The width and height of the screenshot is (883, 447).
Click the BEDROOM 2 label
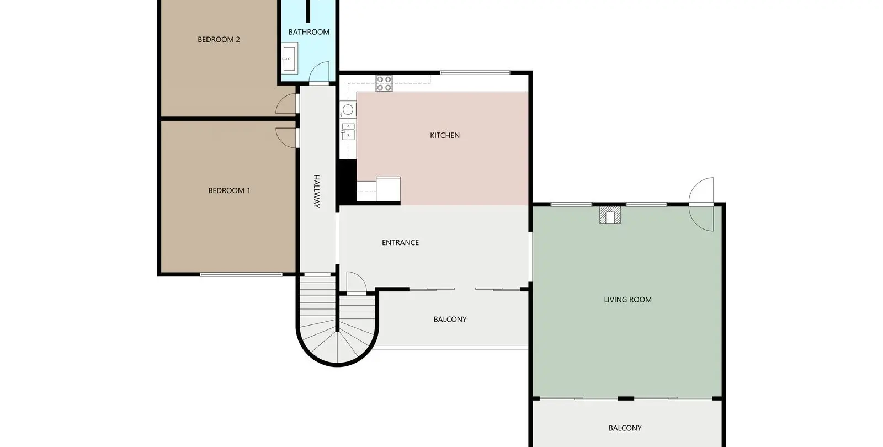point(219,39)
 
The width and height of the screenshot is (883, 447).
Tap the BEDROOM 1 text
point(229,191)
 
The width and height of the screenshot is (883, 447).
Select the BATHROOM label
point(309,32)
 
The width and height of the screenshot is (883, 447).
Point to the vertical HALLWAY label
point(317,191)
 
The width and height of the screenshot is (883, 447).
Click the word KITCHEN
point(445,136)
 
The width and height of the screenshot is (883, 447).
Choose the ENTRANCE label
point(400,243)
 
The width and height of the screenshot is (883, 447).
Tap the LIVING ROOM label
point(627,300)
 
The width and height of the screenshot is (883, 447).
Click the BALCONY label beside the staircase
point(450,320)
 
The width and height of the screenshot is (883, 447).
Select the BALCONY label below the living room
point(625,428)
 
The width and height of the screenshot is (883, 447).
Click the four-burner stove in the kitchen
point(384,83)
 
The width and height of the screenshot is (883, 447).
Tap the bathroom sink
point(289,58)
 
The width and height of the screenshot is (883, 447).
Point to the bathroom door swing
point(319,73)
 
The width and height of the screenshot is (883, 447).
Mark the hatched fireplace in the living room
point(610,215)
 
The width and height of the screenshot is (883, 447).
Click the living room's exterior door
point(702,204)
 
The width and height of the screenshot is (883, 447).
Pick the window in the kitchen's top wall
point(475,72)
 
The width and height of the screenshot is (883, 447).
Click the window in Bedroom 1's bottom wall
point(241,274)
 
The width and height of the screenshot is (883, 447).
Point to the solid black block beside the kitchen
point(348,182)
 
